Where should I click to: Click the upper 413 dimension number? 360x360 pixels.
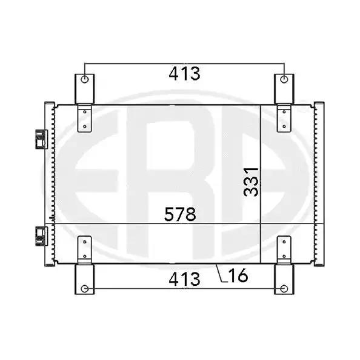pyautogui.click(x=184, y=73)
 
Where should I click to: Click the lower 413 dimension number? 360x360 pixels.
pyautogui.click(x=184, y=279)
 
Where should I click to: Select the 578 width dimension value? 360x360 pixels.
pyautogui.click(x=180, y=214)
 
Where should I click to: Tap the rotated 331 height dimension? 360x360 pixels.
pyautogui.click(x=251, y=182)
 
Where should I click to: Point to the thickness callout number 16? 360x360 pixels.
pyautogui.click(x=238, y=275)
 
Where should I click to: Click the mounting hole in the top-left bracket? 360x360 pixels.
pyautogui.click(x=85, y=80)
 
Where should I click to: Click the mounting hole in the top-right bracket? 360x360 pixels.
pyautogui.click(x=284, y=80)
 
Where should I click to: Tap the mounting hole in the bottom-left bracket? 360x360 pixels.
pyautogui.click(x=85, y=288)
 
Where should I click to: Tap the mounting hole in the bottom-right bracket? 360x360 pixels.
pyautogui.click(x=284, y=288)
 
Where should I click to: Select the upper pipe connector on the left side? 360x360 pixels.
pyautogui.click(x=41, y=139)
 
